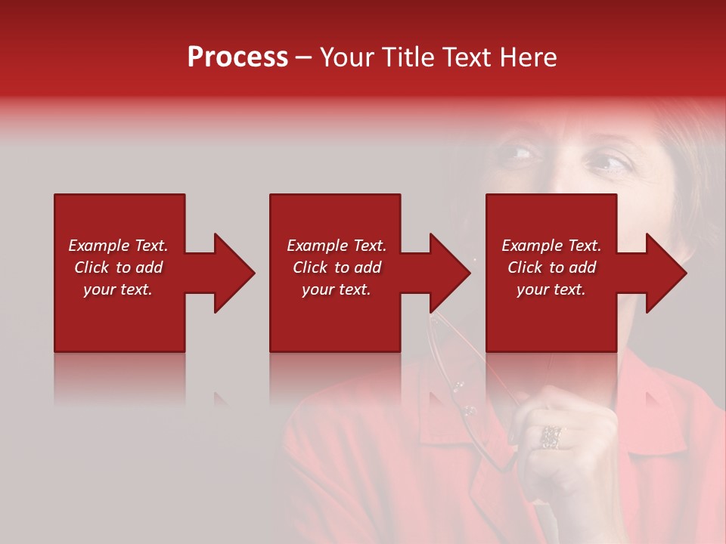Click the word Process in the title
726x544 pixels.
click(x=237, y=57)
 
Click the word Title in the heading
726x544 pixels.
click(x=407, y=57)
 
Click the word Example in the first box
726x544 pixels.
click(x=98, y=246)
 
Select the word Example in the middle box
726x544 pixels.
click(x=317, y=246)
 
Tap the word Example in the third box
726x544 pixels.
click(x=532, y=246)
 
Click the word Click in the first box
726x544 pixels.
click(x=92, y=267)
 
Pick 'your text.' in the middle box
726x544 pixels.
click(x=336, y=289)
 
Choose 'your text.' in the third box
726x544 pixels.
click(x=551, y=289)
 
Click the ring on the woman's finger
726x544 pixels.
click(x=551, y=437)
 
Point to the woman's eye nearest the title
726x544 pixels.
click(x=520, y=154)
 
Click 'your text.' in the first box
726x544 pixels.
click(x=117, y=289)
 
